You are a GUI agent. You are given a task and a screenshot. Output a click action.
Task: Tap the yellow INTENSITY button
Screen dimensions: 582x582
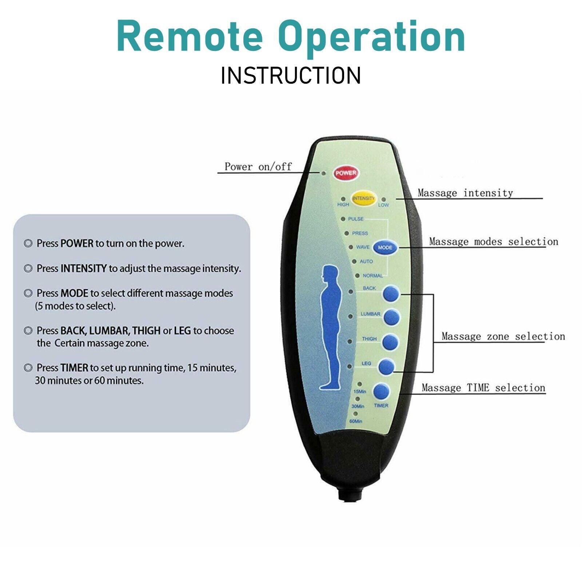363,198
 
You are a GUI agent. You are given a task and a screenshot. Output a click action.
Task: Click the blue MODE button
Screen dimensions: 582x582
385,247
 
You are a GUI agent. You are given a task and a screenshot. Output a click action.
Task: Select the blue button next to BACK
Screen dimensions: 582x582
391,293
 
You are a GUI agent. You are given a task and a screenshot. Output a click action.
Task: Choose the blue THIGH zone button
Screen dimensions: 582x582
390,342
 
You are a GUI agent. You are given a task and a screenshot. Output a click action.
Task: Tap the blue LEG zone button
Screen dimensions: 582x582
386,367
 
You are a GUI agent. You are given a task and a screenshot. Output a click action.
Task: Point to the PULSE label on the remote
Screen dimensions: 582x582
355,219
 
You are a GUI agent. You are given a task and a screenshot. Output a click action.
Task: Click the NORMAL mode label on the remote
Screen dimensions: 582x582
372,276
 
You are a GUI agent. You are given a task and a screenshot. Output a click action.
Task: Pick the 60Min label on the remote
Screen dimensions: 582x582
356,421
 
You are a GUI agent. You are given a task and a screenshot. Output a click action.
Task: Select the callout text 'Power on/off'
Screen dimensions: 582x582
258,167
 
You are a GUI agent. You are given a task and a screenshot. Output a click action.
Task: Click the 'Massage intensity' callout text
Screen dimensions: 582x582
465,193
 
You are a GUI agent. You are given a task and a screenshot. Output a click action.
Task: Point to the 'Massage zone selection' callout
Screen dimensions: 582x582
503,336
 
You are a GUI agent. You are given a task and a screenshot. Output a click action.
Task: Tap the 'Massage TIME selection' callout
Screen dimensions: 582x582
483,388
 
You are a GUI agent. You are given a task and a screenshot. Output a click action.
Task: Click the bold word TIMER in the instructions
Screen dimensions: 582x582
74,368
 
